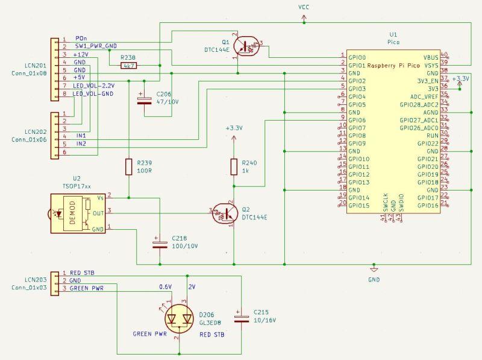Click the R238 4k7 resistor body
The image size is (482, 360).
[x=128, y=65]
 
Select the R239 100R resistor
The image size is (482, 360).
[x=128, y=166]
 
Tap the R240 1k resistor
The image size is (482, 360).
[x=233, y=166]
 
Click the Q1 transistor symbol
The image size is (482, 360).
[x=245, y=46]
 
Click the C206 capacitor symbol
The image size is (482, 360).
[x=144, y=99]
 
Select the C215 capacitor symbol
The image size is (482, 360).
[x=241, y=318]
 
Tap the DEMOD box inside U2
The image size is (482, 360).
[x=74, y=212]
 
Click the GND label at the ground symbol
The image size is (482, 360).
[x=374, y=280]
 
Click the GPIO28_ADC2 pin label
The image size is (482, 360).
[x=420, y=104]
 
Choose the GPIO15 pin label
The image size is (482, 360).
[x=358, y=206]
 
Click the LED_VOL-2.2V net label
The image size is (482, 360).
[x=94, y=86]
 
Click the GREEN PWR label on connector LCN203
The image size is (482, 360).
[x=86, y=288]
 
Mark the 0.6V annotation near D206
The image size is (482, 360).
[x=165, y=286]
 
